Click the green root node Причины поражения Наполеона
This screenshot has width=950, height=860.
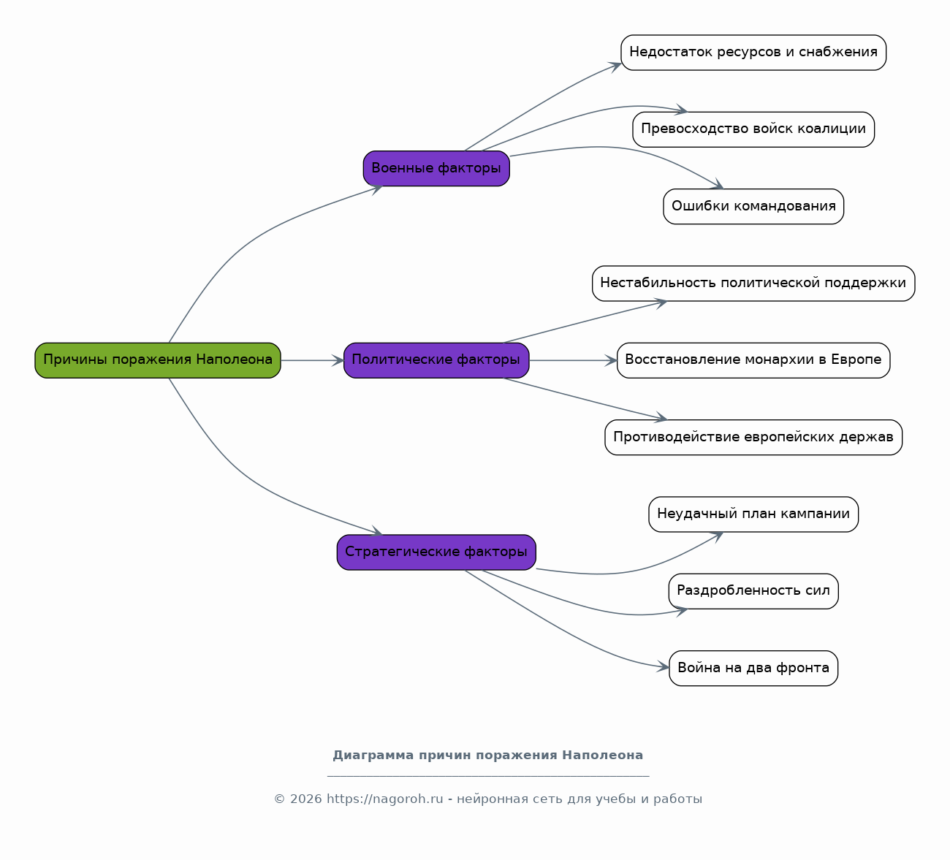point(158,360)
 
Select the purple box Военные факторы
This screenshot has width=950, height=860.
point(436,169)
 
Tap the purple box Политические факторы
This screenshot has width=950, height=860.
point(436,360)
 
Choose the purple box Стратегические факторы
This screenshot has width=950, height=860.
point(436,552)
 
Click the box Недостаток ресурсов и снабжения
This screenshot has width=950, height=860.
point(753,53)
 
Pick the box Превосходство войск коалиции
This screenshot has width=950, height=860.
point(753,130)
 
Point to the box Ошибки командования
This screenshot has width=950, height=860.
point(753,207)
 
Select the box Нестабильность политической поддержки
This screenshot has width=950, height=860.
point(753,284)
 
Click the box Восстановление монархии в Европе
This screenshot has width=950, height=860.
point(753,360)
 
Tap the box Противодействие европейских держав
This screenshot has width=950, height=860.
point(753,437)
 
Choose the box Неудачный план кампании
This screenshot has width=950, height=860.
point(753,514)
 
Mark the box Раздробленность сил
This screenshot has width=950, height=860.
point(753,591)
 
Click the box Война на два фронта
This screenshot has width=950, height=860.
point(753,669)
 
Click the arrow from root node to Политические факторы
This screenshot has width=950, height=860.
point(312,360)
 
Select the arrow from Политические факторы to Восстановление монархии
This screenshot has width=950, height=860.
point(573,360)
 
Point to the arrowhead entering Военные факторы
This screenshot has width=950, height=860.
point(376,189)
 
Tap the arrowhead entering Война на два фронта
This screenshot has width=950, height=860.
point(663,667)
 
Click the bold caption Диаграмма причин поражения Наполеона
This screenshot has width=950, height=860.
point(487,755)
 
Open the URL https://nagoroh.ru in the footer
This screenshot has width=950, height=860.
point(384,799)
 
